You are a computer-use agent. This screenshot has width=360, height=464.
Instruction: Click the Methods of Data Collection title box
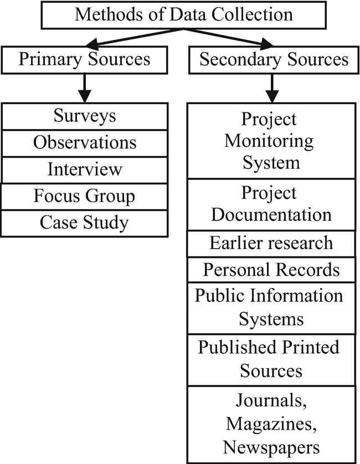point(183,14)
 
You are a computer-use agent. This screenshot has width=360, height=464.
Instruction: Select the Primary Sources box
point(84,60)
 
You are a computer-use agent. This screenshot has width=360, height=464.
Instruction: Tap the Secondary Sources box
point(274,60)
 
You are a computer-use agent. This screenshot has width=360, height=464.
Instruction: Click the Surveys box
point(84,116)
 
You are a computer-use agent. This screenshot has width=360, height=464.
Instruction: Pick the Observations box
point(84,142)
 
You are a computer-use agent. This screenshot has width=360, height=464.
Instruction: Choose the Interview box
point(84,169)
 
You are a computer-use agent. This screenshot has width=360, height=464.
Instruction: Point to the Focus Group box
point(84,196)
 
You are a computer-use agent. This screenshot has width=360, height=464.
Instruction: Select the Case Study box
point(84,223)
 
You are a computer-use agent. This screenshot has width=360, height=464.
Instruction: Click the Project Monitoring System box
point(271,141)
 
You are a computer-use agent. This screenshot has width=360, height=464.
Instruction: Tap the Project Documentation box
point(271,203)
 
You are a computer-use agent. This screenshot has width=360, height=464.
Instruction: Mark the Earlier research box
point(271,243)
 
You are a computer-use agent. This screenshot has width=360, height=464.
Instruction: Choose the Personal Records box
point(271,270)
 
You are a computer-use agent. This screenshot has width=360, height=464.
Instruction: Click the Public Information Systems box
point(271,307)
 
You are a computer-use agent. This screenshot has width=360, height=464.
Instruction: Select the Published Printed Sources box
point(271,359)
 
